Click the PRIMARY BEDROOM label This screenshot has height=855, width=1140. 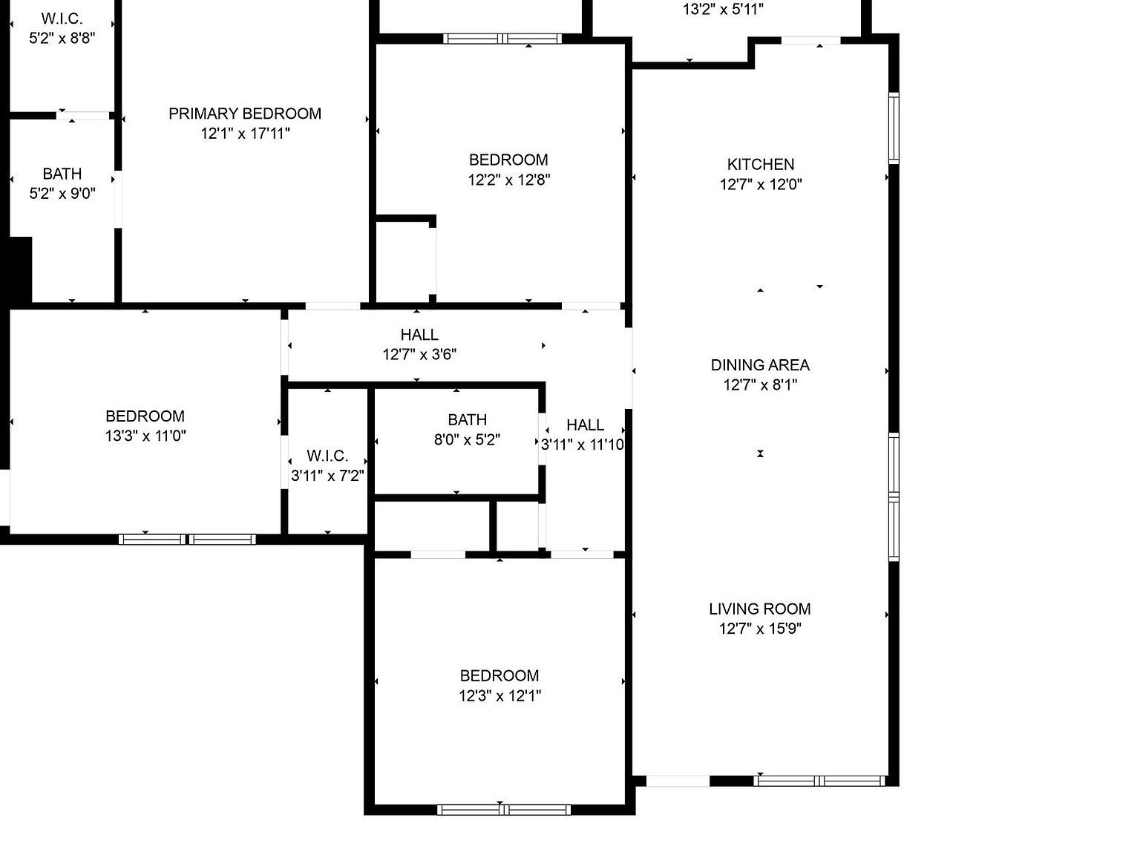[x=245, y=114]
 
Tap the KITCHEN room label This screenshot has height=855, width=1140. [x=761, y=164]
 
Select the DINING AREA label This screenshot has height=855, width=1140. [x=760, y=364]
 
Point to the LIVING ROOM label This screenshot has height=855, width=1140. [x=759, y=609]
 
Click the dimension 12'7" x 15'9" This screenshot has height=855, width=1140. [x=759, y=629]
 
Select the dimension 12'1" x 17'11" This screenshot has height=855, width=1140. [x=245, y=134]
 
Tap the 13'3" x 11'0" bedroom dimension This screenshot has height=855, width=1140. [x=145, y=436]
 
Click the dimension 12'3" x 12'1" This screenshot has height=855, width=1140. [x=499, y=695]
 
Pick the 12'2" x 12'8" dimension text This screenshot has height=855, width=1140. [x=508, y=180]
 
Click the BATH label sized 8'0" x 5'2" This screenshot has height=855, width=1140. [x=467, y=419]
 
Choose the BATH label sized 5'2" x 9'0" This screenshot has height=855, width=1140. [x=62, y=174]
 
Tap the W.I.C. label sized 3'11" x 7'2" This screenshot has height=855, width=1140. [x=327, y=456]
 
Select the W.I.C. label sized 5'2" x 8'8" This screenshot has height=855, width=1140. [x=62, y=19]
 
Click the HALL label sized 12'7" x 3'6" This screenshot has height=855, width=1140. [x=419, y=335]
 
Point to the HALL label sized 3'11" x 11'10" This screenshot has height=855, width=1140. [x=585, y=425]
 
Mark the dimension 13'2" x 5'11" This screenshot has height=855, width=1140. [x=723, y=10]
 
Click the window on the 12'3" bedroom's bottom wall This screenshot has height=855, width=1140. [x=504, y=809]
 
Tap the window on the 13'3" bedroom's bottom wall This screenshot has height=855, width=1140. [x=187, y=539]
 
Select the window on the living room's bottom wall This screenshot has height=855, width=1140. [x=819, y=781]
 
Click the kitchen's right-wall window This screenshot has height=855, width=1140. [x=894, y=128]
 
